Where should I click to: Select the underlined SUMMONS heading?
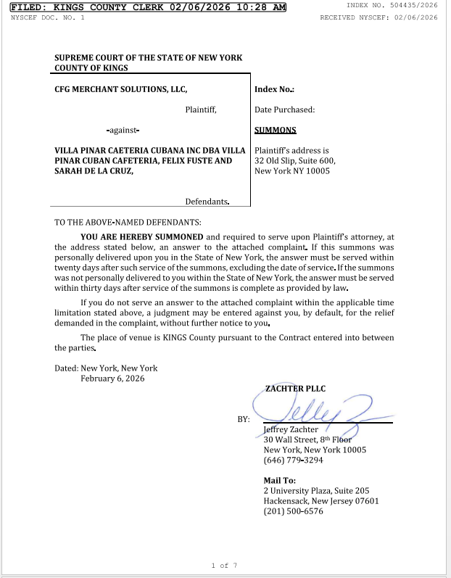coord(276,131)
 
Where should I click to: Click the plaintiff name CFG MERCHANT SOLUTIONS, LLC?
coord(121,89)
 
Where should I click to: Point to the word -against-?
coord(123,131)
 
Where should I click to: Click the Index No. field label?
coord(274,90)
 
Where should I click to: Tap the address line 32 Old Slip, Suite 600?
coord(295,161)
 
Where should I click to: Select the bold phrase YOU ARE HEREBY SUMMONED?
coord(142,236)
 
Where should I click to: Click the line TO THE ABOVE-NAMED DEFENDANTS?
coord(128,222)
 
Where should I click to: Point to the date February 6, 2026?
coord(113,379)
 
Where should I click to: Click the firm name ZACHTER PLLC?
coord(296,389)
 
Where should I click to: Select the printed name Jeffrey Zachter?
coord(291,429)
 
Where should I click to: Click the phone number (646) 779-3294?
coord(294,460)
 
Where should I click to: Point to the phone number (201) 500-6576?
coord(294,511)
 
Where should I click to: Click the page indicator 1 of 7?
coord(225,565)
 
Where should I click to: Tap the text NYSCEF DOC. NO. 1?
coord(47,17)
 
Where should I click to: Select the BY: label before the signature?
coord(244,419)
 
